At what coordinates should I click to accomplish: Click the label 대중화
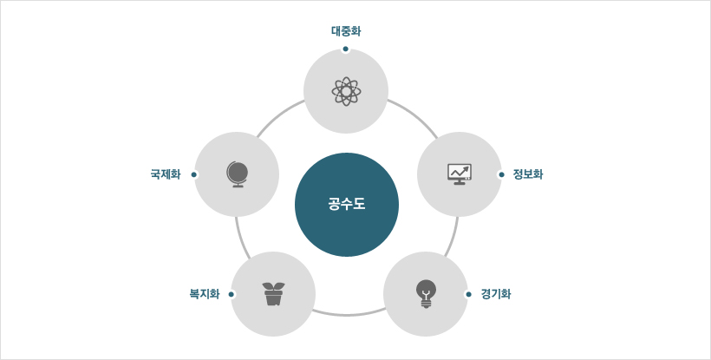pyautogui.click(x=346, y=31)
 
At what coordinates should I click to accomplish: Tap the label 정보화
pyautogui.click(x=528, y=174)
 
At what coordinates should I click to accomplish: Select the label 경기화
pyautogui.click(x=496, y=294)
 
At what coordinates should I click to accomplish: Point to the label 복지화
pyautogui.click(x=205, y=294)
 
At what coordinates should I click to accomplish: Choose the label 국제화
pyautogui.click(x=166, y=174)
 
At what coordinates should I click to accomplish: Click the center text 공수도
pyautogui.click(x=347, y=205)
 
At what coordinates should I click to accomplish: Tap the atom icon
pyautogui.click(x=347, y=92)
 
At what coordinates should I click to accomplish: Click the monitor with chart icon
pyautogui.click(x=460, y=174)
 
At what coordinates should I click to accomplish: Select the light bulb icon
pyautogui.click(x=426, y=294)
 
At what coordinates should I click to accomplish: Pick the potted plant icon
pyautogui.click(x=273, y=294)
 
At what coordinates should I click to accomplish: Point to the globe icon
pyautogui.click(x=238, y=174)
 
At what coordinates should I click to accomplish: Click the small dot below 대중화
pyautogui.click(x=345, y=49)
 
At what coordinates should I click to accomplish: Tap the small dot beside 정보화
pyautogui.click(x=501, y=174)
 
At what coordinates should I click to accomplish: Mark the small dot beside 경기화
pyautogui.click(x=468, y=294)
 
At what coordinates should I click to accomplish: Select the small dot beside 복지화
pyautogui.click(x=232, y=294)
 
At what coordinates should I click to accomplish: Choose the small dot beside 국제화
pyautogui.click(x=193, y=174)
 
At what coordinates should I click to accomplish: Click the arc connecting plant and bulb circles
pyautogui.click(x=349, y=315)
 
